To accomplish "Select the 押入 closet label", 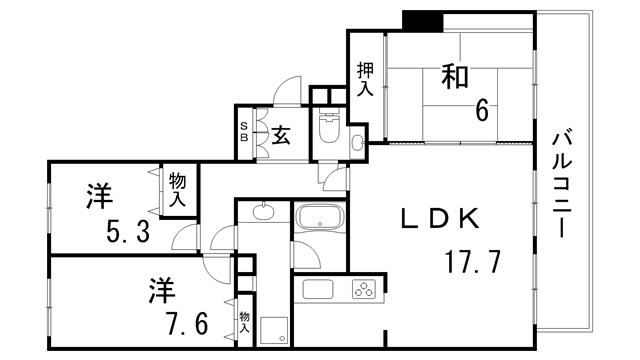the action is [x=365, y=79].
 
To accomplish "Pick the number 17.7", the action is [x=473, y=264].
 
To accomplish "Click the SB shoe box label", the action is [x=243, y=131].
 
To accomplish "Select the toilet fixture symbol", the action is [x=328, y=129].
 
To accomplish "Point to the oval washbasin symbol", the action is [x=262, y=210].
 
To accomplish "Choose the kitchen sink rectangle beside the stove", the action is [x=318, y=291].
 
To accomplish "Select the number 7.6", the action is [x=185, y=325].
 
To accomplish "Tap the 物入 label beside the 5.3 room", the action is [x=178, y=188].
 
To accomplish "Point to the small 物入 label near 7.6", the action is [x=244, y=322].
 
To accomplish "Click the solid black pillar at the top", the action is [x=423, y=20].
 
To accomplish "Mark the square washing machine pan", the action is [x=273, y=329].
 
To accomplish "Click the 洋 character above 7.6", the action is [x=162, y=292].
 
